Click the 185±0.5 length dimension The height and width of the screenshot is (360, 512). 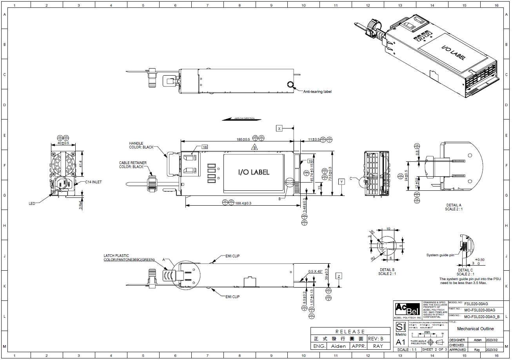[x=243, y=139]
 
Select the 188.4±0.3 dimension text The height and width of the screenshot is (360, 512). [x=243, y=203]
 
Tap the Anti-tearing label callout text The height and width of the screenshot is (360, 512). [x=317, y=92]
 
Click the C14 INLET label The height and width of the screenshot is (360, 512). [x=94, y=182]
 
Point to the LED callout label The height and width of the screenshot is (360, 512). [x=32, y=203]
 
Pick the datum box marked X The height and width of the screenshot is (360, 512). [x=279, y=128]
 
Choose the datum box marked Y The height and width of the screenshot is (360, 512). [x=342, y=182]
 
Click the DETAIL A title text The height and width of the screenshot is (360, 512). [x=454, y=205]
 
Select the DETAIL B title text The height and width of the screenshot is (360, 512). [x=387, y=270]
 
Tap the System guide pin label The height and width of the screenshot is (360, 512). [x=440, y=255]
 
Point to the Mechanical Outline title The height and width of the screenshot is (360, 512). [x=475, y=329]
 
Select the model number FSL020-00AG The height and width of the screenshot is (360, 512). [x=476, y=304]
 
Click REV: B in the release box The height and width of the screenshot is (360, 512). [x=376, y=338]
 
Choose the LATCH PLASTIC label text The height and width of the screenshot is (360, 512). [x=116, y=255]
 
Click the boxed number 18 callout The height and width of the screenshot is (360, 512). [x=204, y=147]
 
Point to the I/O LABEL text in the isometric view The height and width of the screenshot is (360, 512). [x=454, y=53]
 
